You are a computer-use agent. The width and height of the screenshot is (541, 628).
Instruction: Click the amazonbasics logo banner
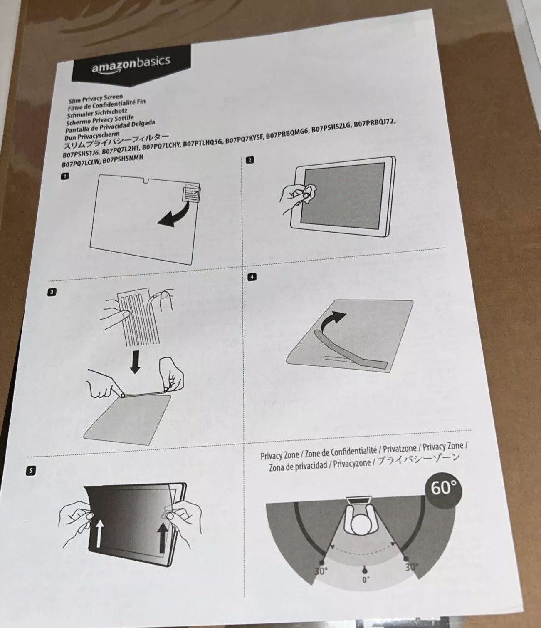131,66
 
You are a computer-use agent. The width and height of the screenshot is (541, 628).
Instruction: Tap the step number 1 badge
65,176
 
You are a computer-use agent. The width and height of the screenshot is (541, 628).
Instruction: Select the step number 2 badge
250,160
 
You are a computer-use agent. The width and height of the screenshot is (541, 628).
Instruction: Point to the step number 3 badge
52,292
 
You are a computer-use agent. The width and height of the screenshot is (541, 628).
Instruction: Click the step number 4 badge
252,277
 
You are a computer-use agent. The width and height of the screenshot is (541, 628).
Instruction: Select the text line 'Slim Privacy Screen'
96,99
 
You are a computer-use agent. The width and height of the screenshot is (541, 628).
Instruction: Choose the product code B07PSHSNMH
123,160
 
